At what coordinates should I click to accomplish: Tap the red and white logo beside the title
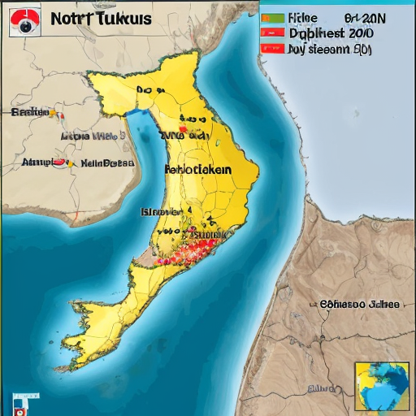[x=24, y=22]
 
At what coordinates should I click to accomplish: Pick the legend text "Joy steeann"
[x=320, y=49]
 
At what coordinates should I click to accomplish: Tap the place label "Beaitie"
[x=29, y=112]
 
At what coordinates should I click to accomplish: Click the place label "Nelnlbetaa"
[x=108, y=162]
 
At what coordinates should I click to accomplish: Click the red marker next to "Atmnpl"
[x=59, y=162]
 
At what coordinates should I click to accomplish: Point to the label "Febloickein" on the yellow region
[x=197, y=170]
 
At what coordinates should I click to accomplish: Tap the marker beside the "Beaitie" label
[x=59, y=113]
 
